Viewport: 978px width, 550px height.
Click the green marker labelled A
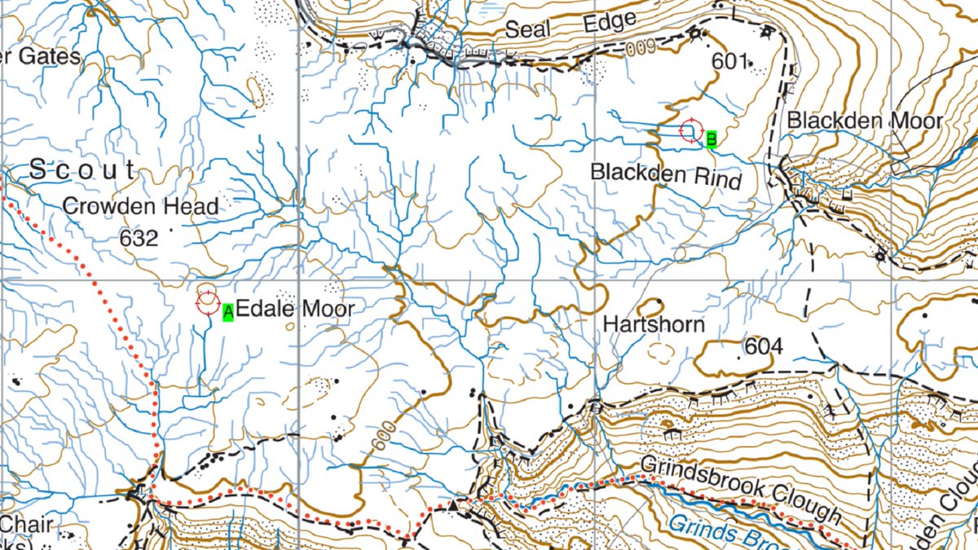pos(228,310)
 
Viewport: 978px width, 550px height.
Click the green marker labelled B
pos(711,139)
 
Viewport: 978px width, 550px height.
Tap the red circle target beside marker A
pos(207,302)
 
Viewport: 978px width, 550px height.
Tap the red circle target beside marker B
pos(691,130)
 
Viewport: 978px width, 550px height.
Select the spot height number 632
pos(137,238)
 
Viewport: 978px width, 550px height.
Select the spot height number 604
pos(763,347)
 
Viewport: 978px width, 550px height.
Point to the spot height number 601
pos(729,61)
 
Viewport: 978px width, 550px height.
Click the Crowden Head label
pos(140,207)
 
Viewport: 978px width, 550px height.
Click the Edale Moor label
pos(295,309)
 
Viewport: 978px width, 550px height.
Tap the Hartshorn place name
pos(654,324)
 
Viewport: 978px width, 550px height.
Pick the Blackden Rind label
pos(666,174)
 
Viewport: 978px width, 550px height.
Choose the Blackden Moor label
pos(865,121)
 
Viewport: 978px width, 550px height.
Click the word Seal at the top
pos(529,29)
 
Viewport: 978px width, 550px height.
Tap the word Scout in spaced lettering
pos(83,170)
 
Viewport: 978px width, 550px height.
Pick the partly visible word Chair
pos(29,525)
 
